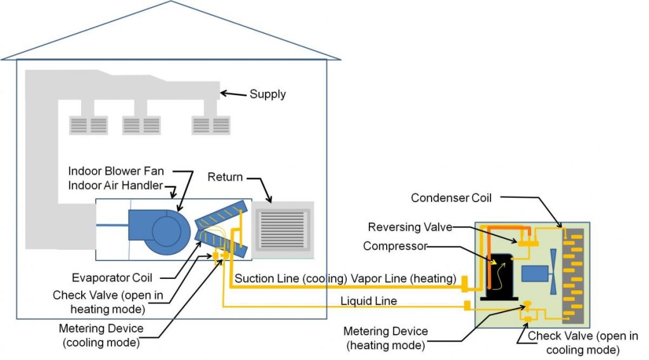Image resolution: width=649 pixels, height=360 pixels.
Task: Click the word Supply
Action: point(267,94)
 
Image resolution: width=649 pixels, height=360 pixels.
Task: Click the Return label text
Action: point(225,177)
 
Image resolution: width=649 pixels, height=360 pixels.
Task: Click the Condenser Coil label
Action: point(451,198)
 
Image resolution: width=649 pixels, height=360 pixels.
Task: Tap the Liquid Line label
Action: point(369,301)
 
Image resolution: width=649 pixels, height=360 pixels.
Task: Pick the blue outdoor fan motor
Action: point(534,274)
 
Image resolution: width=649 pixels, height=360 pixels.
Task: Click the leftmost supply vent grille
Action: point(88,124)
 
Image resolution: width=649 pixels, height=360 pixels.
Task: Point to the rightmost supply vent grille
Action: point(211,124)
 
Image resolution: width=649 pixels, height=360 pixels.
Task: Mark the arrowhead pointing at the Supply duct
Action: point(223,94)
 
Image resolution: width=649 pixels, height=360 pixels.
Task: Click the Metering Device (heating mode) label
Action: point(385,338)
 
